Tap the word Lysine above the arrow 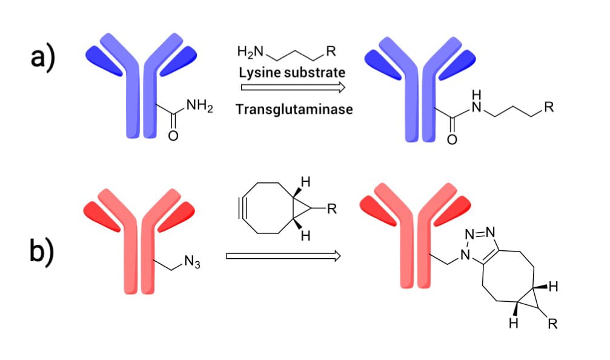click(259, 72)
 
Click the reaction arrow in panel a click(292, 88)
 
